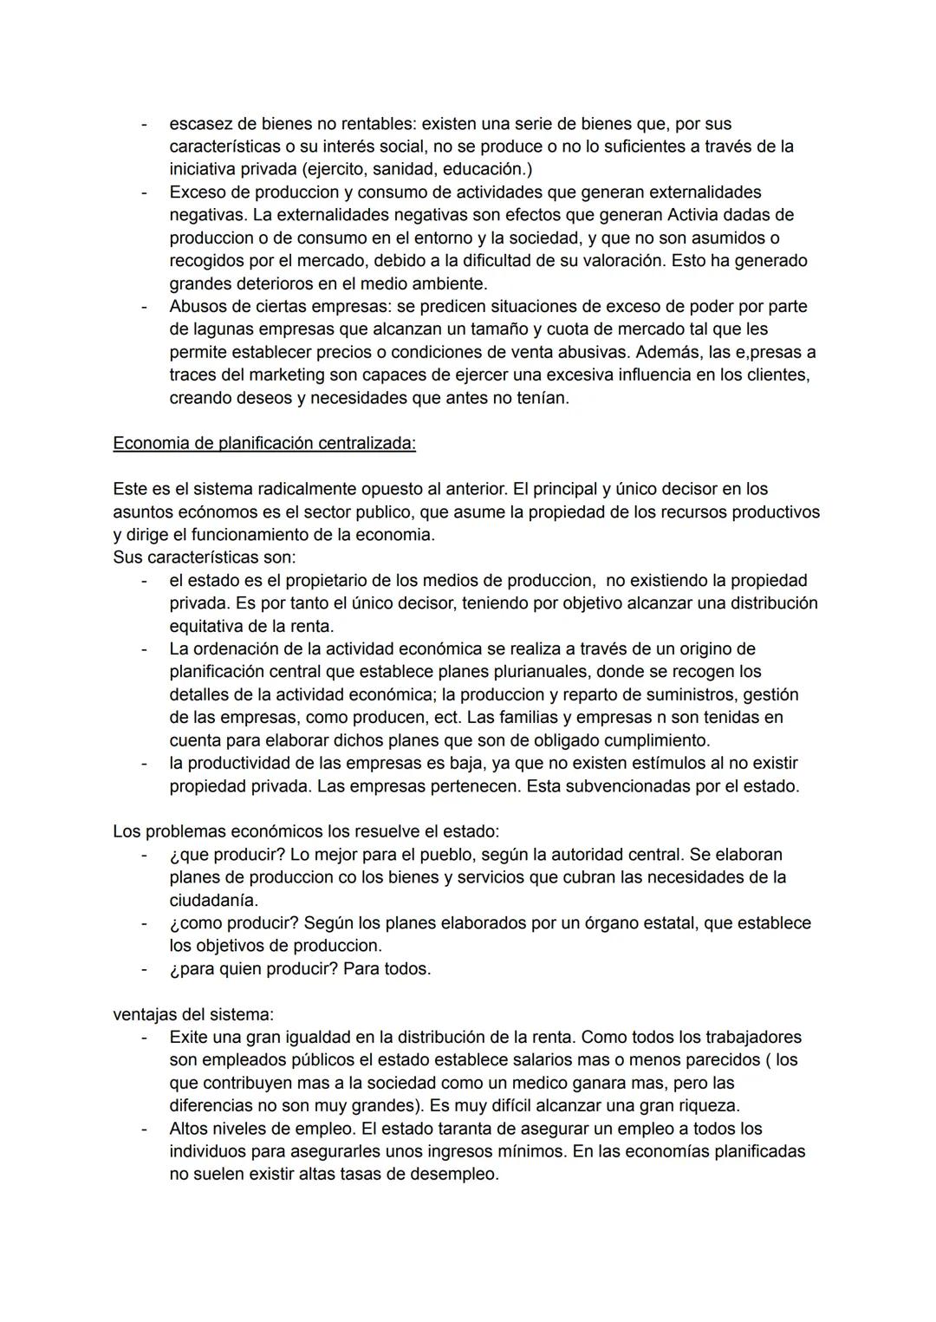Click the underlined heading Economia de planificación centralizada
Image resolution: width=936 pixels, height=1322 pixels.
tap(264, 443)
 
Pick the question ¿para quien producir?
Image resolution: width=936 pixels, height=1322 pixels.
tap(254, 969)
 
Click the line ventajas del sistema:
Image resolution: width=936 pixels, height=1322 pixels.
tap(193, 1014)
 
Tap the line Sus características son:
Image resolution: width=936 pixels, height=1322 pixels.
tap(204, 557)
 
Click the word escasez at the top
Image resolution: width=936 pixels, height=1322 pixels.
tap(200, 123)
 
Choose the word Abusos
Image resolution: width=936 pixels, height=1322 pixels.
tap(198, 306)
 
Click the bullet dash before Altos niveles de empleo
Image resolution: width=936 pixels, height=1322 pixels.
tap(145, 1129)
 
